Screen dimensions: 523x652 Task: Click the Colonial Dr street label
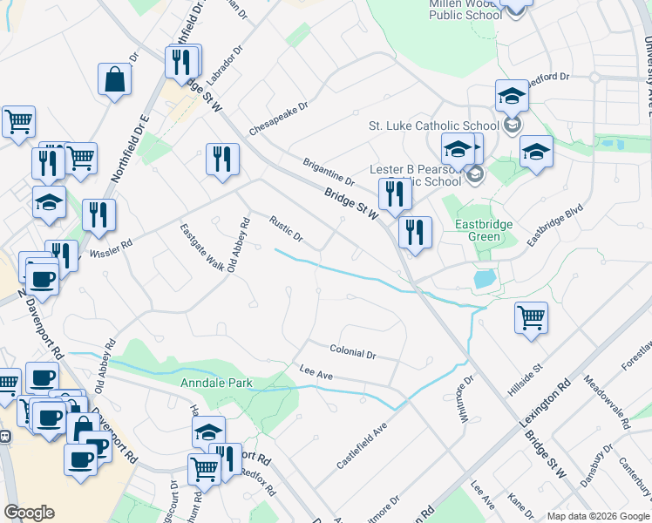tap(353, 352)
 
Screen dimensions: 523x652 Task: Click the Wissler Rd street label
tap(110, 248)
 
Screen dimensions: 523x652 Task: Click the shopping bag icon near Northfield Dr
tap(114, 80)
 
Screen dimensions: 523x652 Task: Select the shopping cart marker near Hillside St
tap(531, 318)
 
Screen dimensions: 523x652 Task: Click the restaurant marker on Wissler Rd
tap(99, 215)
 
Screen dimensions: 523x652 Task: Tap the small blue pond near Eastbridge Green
tap(484, 280)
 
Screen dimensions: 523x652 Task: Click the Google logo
tap(30, 513)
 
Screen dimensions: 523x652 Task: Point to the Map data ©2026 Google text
tap(598, 516)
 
